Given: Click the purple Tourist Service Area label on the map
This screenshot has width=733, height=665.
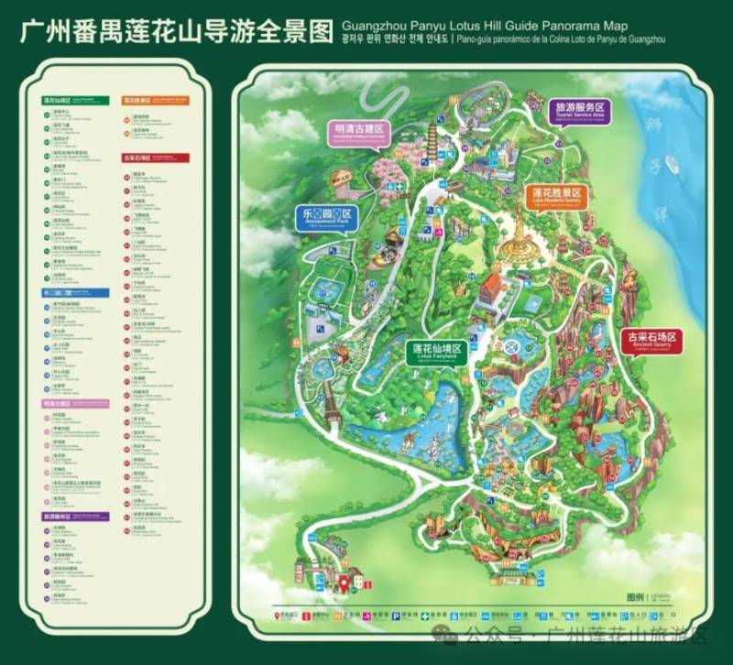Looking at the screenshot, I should (581, 111).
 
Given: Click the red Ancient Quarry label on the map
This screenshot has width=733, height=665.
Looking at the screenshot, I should (650, 340).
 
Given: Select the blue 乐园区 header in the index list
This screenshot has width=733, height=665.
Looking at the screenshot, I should (52, 292).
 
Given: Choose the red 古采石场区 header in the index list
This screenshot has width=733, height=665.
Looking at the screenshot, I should (137, 158).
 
